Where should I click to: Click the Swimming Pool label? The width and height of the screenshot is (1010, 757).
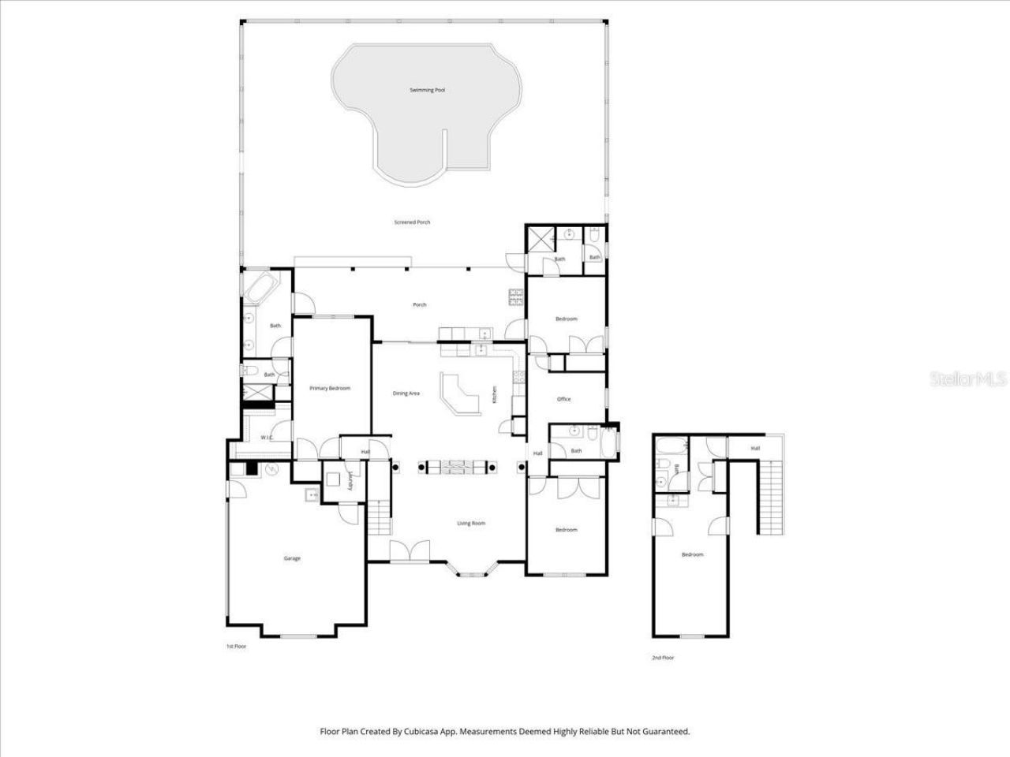427,91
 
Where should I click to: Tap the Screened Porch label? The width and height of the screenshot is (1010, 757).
412,222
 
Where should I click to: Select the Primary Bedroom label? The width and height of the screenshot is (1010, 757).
329,388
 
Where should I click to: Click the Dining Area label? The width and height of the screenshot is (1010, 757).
406,393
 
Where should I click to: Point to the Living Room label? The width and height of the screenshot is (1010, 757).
471,524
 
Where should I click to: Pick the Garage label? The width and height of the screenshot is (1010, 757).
292,558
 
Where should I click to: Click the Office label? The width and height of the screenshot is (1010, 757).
563,399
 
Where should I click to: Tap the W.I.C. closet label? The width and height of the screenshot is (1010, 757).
267,438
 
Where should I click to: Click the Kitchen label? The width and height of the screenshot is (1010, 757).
495,394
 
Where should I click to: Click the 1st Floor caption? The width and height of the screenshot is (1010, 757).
236,646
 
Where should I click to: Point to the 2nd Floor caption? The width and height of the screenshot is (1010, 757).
663,658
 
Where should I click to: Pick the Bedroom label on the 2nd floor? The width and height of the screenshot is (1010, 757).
692,554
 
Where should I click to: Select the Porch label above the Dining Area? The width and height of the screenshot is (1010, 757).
420,304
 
